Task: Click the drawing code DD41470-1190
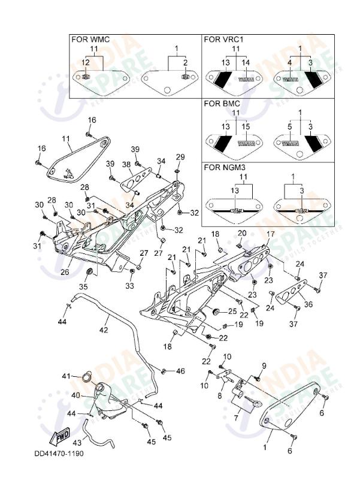[x=59, y=453]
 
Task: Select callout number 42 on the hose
[x=104, y=330]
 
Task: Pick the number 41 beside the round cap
[x=66, y=376]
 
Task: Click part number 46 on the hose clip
[x=180, y=371]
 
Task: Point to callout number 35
[x=83, y=287]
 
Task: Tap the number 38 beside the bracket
[x=126, y=164]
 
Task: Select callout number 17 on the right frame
[x=271, y=234]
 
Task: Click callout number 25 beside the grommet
[x=232, y=312]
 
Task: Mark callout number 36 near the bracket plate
[x=308, y=304]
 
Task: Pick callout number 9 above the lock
[x=263, y=365]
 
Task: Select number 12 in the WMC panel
[x=86, y=62]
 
